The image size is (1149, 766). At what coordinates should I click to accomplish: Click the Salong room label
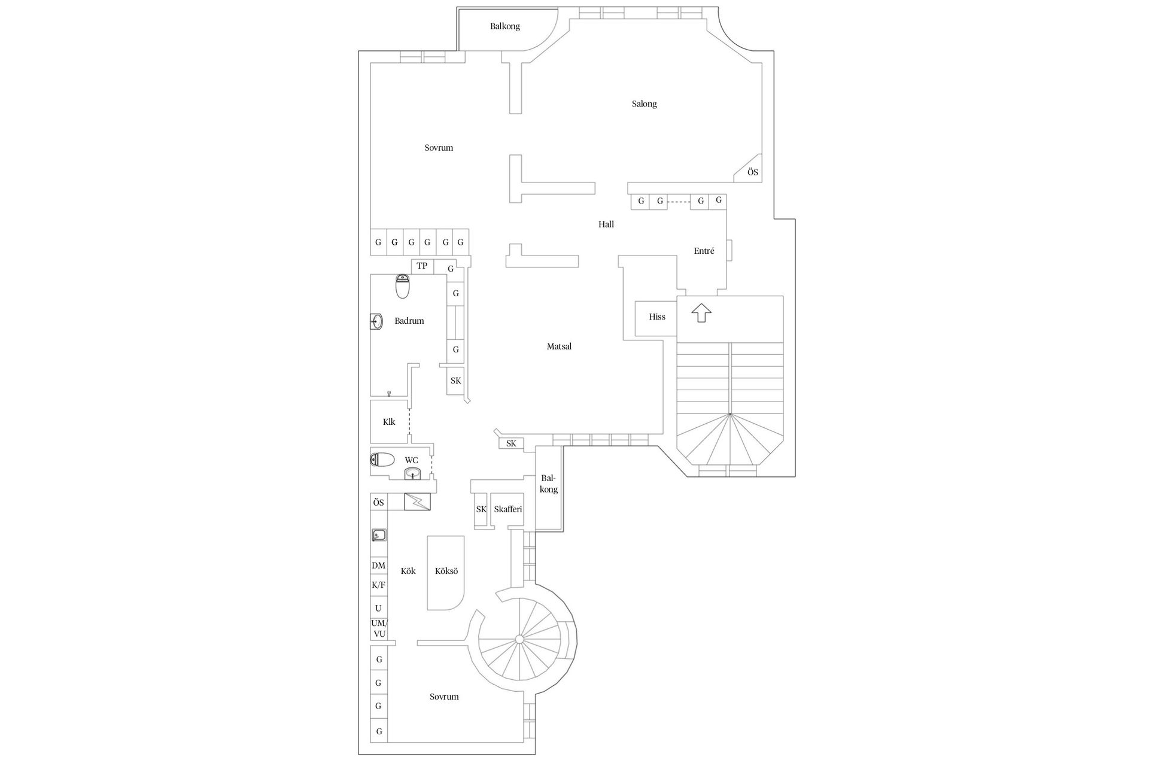[x=644, y=104]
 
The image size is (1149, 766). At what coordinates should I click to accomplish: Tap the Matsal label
[x=559, y=346]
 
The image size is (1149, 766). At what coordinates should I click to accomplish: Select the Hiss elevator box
[x=656, y=317]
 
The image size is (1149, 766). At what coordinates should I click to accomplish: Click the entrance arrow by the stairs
[x=701, y=312]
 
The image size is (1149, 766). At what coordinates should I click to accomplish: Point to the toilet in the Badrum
[x=403, y=287]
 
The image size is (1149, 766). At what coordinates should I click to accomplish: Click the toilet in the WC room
[x=382, y=460]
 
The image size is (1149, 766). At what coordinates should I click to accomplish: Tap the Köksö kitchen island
[x=446, y=573]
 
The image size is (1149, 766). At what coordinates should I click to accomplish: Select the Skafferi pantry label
[x=508, y=509]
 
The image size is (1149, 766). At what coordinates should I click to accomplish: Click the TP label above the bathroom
[x=422, y=266]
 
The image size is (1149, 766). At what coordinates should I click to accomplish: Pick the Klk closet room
[x=390, y=422]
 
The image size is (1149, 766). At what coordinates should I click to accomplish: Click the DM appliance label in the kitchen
[x=378, y=566]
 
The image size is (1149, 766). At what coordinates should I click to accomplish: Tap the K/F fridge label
[x=378, y=585]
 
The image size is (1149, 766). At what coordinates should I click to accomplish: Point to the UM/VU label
[x=379, y=628]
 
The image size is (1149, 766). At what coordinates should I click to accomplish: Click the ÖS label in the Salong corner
[x=753, y=172]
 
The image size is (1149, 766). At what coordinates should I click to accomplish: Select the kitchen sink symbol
[x=378, y=535]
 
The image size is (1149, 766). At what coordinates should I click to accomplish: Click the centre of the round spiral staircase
[x=519, y=640]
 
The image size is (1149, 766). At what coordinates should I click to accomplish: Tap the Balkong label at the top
[x=505, y=26]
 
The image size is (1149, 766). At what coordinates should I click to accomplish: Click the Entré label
[x=704, y=251]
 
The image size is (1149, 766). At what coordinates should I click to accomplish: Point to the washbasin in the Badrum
[x=376, y=321]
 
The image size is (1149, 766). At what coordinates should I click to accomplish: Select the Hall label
[x=606, y=225]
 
